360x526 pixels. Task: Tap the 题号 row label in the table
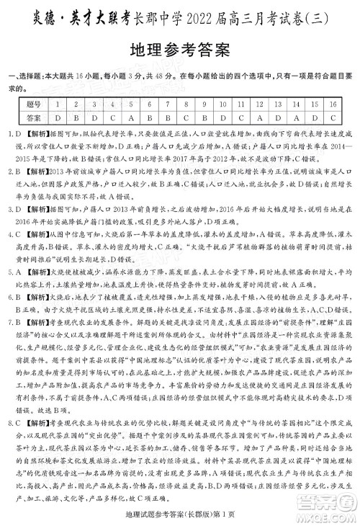pos(31,104)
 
